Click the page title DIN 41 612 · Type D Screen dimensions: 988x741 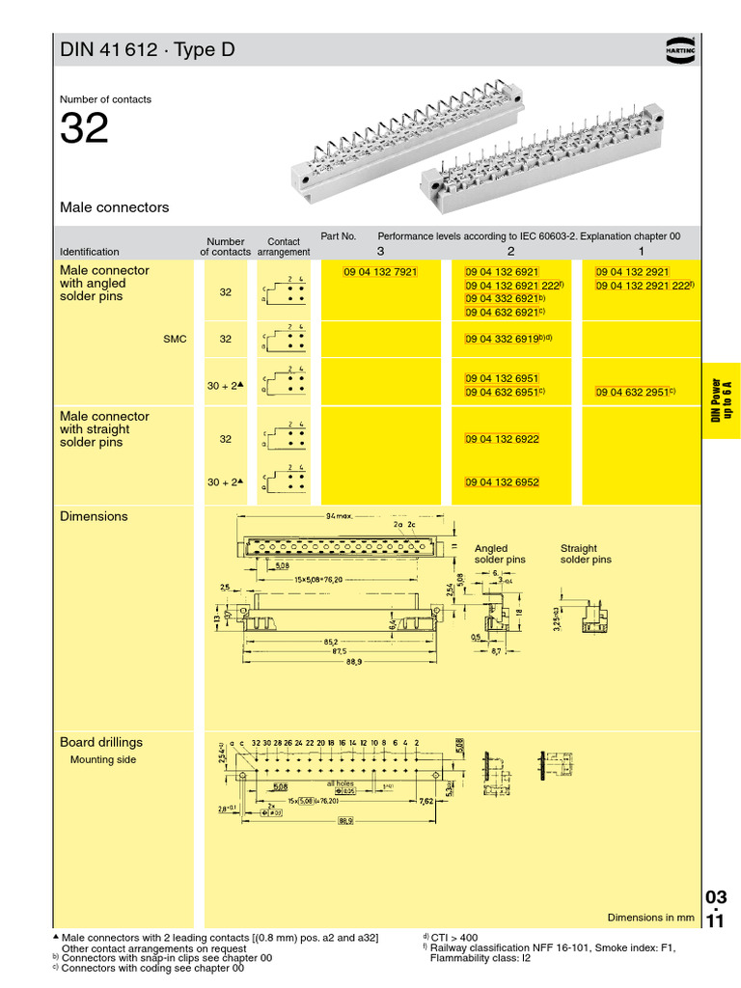[x=147, y=50]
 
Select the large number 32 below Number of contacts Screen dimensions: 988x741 [x=84, y=129]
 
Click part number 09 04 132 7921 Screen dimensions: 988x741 [x=380, y=272]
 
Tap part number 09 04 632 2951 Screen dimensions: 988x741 [x=632, y=393]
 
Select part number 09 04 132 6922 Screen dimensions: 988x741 [x=502, y=439]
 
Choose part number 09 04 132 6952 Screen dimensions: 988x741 [x=502, y=481]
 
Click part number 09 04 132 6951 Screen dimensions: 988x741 [x=502, y=378]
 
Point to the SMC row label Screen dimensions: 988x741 [x=175, y=340]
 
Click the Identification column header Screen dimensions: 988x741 [x=90, y=252]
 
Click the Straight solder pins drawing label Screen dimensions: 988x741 [x=586, y=554]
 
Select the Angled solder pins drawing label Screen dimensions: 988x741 [x=500, y=554]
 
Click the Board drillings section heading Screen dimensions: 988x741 [x=101, y=742]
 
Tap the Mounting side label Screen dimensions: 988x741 [x=103, y=759]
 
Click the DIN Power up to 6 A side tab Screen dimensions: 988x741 [x=721, y=400]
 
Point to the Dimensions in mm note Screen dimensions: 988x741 [x=650, y=918]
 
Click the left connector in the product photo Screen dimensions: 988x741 [x=405, y=145]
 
